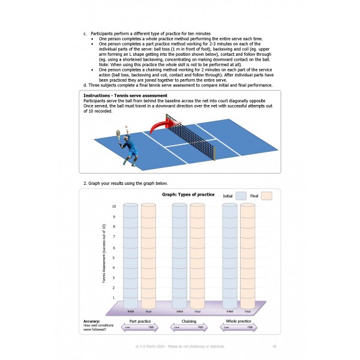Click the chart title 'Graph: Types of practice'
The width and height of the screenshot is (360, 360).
188,195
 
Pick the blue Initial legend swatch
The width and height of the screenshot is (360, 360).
242,196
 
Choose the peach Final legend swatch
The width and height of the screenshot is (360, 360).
267,196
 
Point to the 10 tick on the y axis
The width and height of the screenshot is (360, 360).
114,206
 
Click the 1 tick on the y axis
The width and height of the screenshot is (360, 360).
115,298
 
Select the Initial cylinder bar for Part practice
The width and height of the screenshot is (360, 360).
130,255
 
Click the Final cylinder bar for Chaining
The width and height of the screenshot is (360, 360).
197,255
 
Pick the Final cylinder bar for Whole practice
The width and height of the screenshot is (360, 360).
248,255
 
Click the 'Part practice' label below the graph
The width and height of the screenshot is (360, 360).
139,322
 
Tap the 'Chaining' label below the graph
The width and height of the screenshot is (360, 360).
188,322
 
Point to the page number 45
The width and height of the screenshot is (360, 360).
274,346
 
